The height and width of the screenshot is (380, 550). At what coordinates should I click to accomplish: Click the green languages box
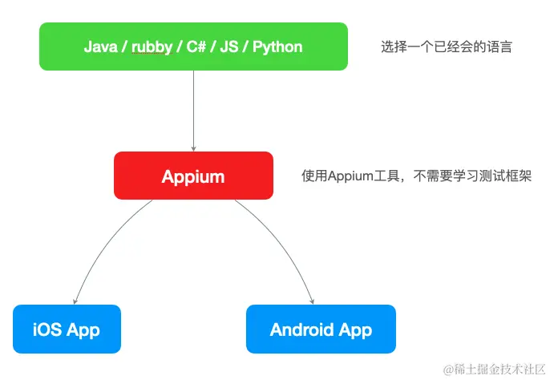[x=193, y=46]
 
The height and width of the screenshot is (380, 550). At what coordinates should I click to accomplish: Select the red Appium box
[x=193, y=176]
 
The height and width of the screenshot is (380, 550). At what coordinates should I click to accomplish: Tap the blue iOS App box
[x=67, y=329]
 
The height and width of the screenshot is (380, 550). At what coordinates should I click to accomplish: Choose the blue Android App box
[x=321, y=329]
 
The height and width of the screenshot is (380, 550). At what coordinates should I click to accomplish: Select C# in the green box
[x=196, y=46]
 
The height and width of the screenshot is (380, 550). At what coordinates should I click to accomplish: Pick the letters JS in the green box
[x=229, y=46]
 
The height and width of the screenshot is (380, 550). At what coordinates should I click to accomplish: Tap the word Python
[x=277, y=46]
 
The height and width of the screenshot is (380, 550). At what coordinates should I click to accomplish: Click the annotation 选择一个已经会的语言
[x=446, y=46]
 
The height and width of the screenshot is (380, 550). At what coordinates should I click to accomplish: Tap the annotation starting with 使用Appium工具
[x=416, y=176]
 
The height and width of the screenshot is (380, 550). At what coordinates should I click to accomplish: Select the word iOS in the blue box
[x=47, y=329]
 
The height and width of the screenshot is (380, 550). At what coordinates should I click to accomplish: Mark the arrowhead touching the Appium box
[x=193, y=148]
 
